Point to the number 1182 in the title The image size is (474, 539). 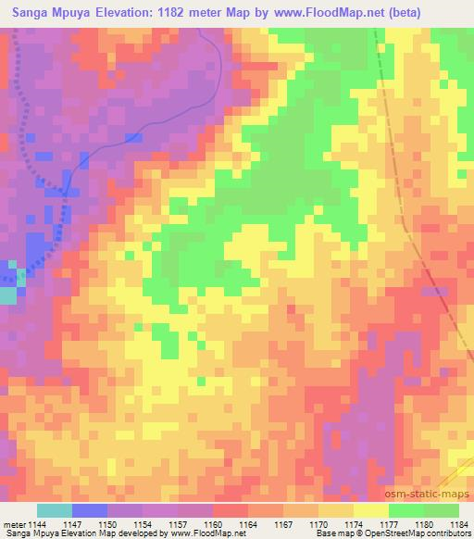(x=181, y=12)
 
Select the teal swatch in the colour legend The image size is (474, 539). (x=55, y=510)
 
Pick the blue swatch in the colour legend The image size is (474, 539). (x=90, y=510)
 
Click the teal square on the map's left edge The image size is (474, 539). (x=7, y=295)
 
